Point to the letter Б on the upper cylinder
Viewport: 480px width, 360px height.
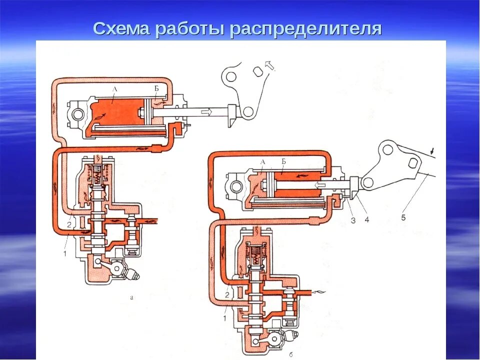pos(156,88)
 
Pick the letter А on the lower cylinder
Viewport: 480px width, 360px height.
pos(262,161)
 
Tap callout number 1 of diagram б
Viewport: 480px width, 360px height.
pos(224,317)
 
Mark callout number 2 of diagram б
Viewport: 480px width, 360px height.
pos(226,295)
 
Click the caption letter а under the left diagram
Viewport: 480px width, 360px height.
pos(131,296)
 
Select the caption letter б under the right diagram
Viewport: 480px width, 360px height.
pos(291,354)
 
